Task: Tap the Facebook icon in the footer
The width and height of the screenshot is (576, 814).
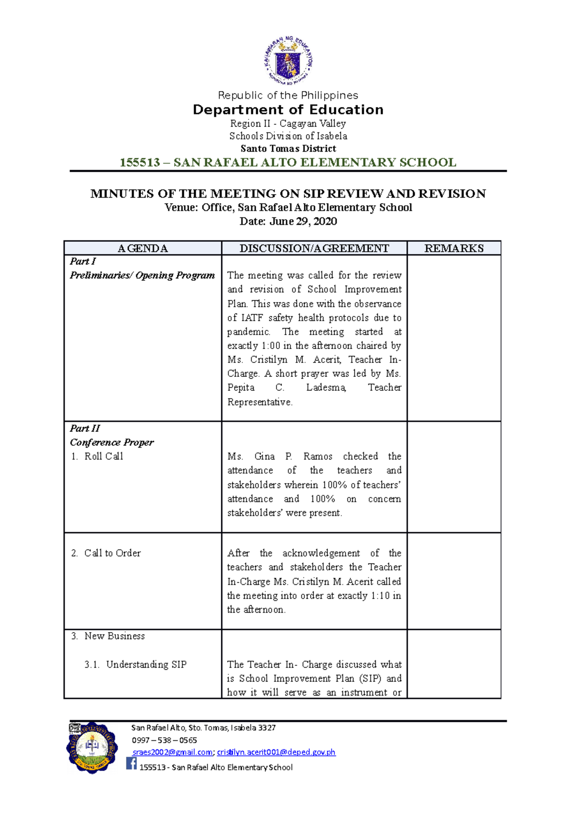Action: (x=132, y=763)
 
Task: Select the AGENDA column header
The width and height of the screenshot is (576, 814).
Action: (x=143, y=248)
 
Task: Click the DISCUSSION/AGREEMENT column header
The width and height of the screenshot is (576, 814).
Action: (x=314, y=248)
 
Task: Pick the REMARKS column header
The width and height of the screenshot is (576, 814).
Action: (x=454, y=248)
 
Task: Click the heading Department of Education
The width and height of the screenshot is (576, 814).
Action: (x=288, y=110)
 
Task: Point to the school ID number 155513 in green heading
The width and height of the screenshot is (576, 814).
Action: (x=140, y=163)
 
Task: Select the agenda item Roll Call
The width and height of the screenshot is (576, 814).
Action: (x=104, y=456)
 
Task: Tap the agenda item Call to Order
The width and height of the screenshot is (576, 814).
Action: (x=112, y=553)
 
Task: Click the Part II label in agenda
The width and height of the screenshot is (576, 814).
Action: (x=85, y=428)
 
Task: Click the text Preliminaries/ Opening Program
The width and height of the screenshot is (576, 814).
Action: (x=142, y=275)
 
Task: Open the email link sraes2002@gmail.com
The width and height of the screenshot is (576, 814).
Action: (x=172, y=752)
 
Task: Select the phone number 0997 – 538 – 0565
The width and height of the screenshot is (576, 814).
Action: (x=164, y=740)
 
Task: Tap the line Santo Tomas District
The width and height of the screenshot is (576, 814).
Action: (x=288, y=149)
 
